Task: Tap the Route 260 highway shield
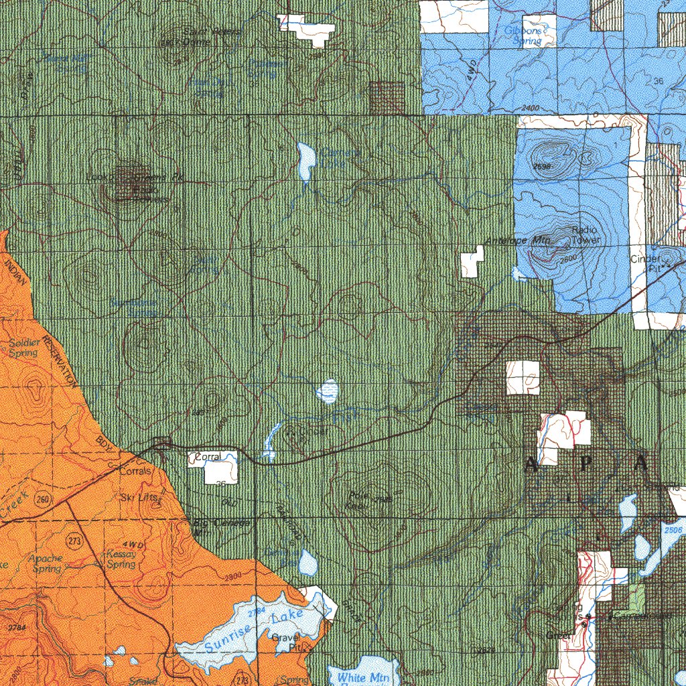[x=44, y=499]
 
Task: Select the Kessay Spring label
[x=121, y=559]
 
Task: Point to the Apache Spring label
[x=46, y=563]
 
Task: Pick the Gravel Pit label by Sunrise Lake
[x=284, y=642]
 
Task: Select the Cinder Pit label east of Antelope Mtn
[x=646, y=263]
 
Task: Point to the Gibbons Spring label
[x=527, y=35]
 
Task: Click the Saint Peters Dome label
[x=204, y=37]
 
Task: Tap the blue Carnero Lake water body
[x=307, y=161]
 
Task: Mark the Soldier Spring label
[x=24, y=348]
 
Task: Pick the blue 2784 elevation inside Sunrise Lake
[x=256, y=612]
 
